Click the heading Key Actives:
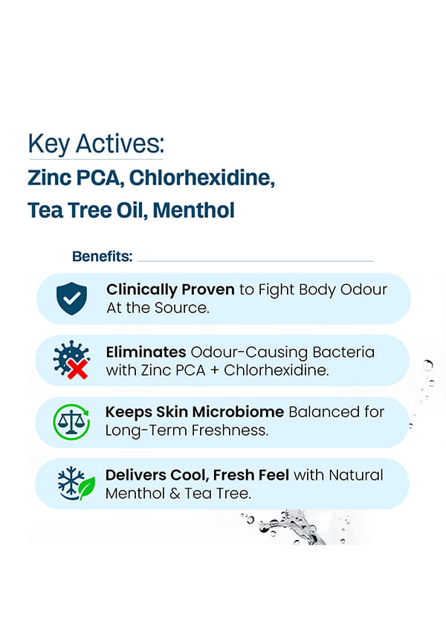click(96, 144)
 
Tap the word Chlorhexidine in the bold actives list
click(201, 178)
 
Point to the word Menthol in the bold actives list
click(193, 210)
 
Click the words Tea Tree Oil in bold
click(88, 210)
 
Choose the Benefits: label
click(103, 257)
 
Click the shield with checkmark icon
click(72, 299)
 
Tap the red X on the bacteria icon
click(77, 369)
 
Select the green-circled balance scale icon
click(71, 422)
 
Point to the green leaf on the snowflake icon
click(87, 488)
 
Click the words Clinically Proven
click(170, 290)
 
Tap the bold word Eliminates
click(146, 352)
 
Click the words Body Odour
click(343, 289)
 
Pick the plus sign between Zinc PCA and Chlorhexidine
click(214, 370)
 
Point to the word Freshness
click(230, 430)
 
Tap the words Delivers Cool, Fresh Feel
click(197, 475)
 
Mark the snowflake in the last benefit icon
click(71, 481)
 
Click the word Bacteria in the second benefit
click(343, 352)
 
